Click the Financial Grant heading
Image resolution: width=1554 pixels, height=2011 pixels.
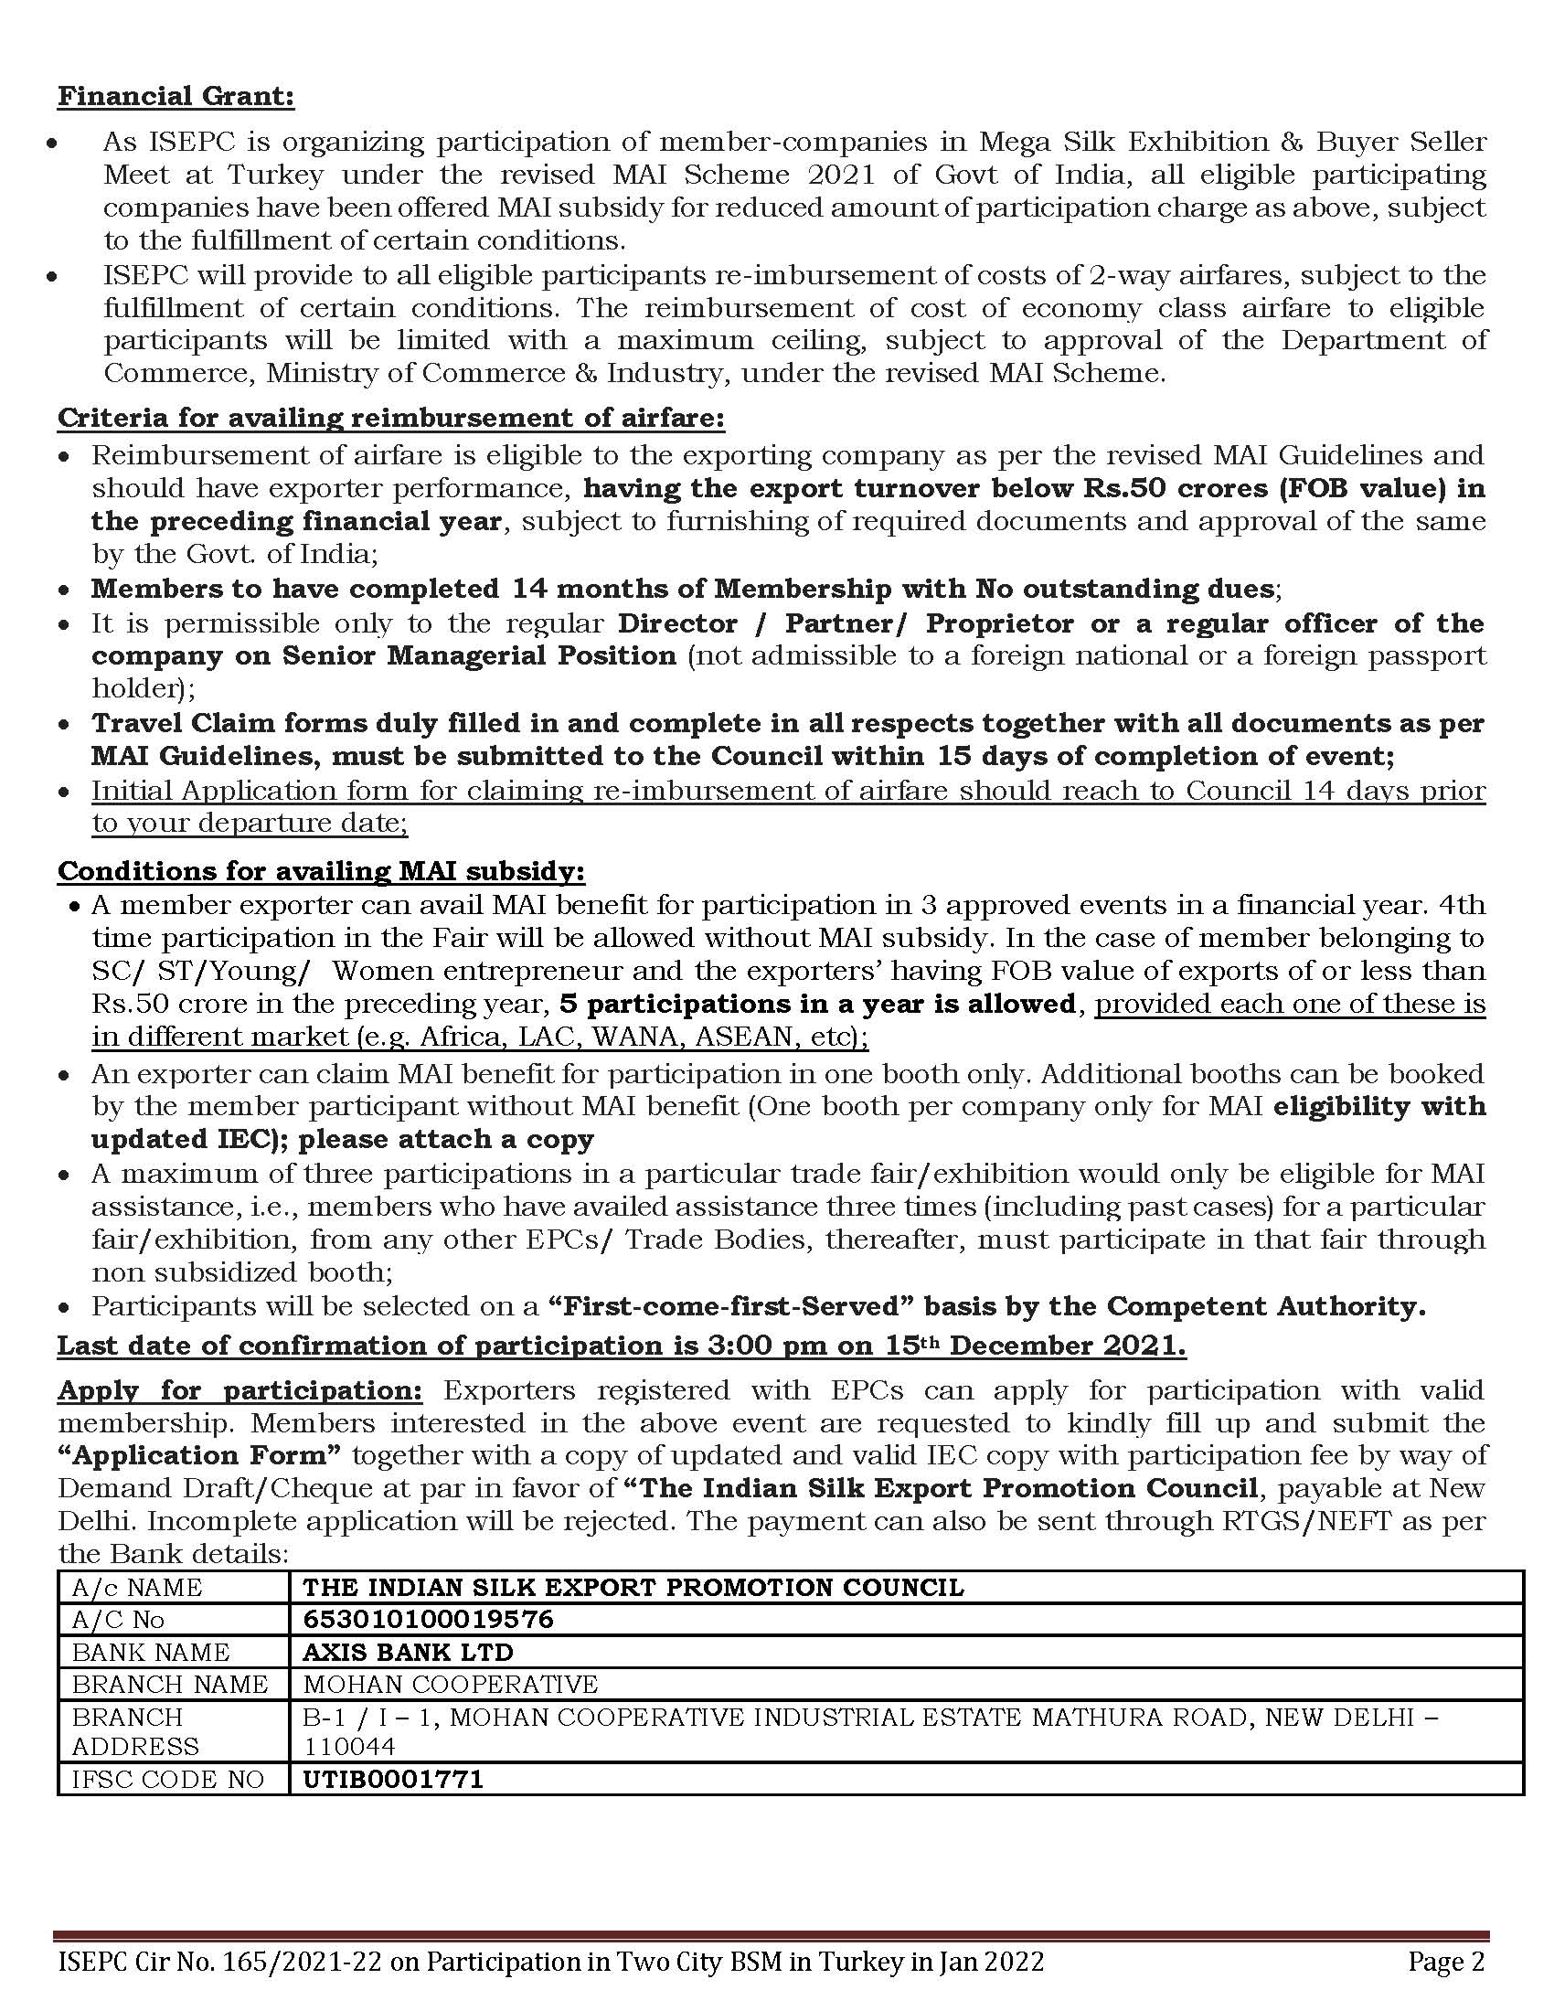(x=176, y=97)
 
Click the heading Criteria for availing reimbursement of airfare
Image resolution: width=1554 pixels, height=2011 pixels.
(x=391, y=418)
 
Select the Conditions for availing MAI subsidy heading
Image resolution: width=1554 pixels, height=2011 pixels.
(x=321, y=870)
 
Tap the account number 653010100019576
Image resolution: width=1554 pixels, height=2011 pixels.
(x=428, y=1619)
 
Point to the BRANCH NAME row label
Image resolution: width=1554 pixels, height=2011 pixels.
(x=170, y=1683)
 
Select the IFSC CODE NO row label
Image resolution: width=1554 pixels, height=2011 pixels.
(x=168, y=1778)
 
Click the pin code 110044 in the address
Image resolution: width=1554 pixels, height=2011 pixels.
(x=350, y=1746)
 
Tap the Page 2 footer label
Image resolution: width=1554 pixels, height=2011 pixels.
(x=1446, y=1963)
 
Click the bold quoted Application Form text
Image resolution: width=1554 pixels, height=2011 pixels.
(x=200, y=1455)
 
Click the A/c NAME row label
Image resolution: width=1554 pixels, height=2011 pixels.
(x=137, y=1587)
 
